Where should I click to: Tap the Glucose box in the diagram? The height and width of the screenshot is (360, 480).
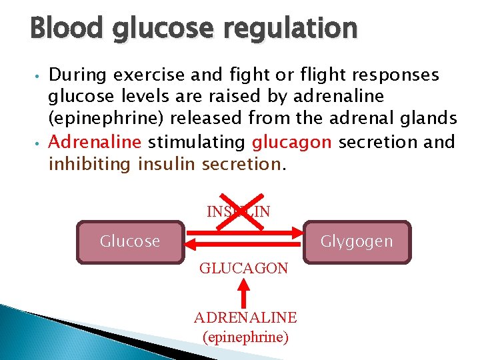[x=130, y=241]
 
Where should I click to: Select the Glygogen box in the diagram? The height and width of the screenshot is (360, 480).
[x=357, y=241]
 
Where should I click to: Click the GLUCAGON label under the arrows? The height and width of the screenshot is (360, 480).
[x=244, y=269]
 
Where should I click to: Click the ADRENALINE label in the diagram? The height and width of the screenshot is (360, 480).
[x=245, y=317]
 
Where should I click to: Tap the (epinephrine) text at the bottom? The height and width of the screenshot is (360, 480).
[x=245, y=337]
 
